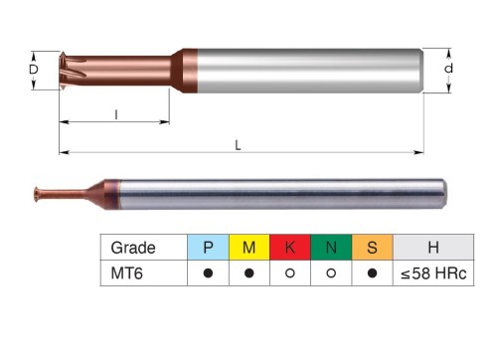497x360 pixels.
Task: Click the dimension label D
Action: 34,70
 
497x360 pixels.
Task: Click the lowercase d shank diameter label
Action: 448,69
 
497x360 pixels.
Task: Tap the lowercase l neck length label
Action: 116,114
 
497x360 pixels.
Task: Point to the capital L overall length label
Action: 238,145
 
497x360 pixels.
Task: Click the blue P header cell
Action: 208,248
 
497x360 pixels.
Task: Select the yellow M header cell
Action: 249,248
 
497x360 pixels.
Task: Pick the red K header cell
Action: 290,248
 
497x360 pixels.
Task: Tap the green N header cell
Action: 331,248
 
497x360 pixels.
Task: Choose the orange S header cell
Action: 372,248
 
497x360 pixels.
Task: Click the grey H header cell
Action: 433,248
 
